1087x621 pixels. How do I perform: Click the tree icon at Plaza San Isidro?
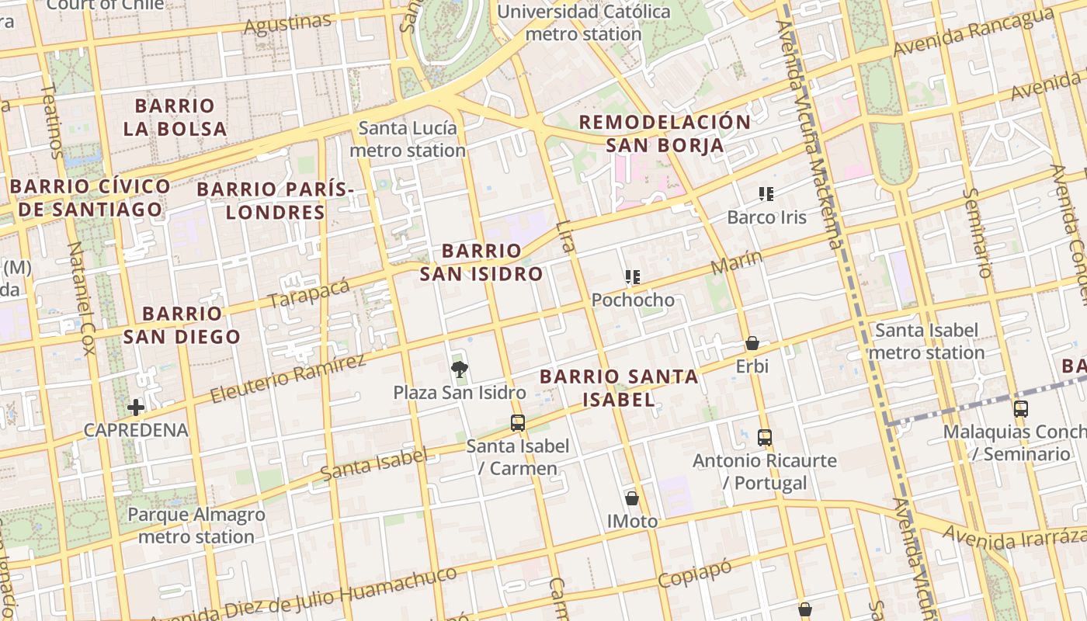[x=459, y=369]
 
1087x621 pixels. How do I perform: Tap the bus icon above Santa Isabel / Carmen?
[x=518, y=423]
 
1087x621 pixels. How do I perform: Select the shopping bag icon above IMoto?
[x=632, y=498]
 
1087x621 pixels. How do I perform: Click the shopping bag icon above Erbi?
[x=752, y=343]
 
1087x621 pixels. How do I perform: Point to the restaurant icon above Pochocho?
[x=633, y=277]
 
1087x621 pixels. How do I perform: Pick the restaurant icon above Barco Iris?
[x=766, y=194]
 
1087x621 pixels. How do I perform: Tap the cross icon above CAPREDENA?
[x=136, y=408]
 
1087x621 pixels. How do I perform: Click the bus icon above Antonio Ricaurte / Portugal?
[x=765, y=438]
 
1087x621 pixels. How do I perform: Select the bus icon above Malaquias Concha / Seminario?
[x=1021, y=409]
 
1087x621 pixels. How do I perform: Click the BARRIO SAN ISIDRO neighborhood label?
[x=481, y=262]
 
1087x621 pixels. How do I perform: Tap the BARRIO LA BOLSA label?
[x=175, y=117]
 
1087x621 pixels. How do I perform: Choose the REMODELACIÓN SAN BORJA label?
[x=665, y=134]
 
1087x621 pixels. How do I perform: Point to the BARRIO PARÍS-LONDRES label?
[x=275, y=200]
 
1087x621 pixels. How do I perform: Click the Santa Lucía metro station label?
[x=408, y=139]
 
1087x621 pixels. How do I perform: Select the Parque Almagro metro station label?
[x=196, y=526]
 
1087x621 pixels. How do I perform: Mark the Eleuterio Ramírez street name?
[x=288, y=379]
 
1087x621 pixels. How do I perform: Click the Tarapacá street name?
[x=309, y=292]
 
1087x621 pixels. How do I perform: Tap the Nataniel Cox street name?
[x=82, y=298]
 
